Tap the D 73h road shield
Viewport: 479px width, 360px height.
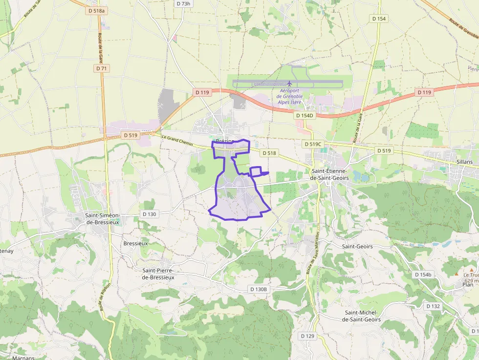pyautogui.click(x=183, y=3)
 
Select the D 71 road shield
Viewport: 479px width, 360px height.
pyautogui.click(x=102, y=68)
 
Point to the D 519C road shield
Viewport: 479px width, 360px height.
pyautogui.click(x=313, y=144)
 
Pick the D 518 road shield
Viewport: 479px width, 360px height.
pyautogui.click(x=269, y=153)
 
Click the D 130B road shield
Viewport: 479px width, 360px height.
pyautogui.click(x=259, y=289)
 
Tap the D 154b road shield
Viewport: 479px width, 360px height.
pyautogui.click(x=423, y=275)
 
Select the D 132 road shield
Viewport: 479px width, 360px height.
pyautogui.click(x=433, y=306)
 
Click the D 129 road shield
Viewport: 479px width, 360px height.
pyautogui.click(x=307, y=336)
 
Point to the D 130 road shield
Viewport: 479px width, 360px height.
pyautogui.click(x=150, y=214)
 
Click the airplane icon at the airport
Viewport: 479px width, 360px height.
pyautogui.click(x=289, y=83)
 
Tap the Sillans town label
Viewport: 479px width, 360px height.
pyautogui.click(x=464, y=162)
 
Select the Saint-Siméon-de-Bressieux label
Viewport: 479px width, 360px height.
pyautogui.click(x=103, y=219)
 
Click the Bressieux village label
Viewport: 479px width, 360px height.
pyautogui.click(x=135, y=243)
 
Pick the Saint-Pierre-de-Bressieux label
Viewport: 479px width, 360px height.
pyautogui.click(x=158, y=274)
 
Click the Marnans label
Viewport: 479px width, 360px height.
pyautogui.click(x=23, y=358)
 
